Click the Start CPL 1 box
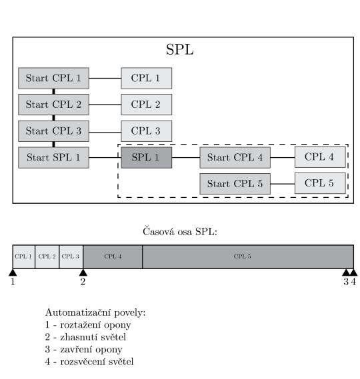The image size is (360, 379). click(x=53, y=79)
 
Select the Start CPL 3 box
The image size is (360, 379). click(x=53, y=131)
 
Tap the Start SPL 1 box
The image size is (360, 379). click(x=53, y=158)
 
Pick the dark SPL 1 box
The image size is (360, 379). click(x=147, y=158)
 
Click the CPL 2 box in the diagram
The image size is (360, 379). click(x=147, y=105)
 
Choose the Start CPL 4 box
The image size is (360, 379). click(x=235, y=158)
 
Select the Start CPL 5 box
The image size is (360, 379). click(x=235, y=184)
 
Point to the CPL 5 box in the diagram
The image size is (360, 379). click(x=320, y=183)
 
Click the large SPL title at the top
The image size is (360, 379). click(x=180, y=50)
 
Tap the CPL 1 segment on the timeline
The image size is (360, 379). click(x=24, y=256)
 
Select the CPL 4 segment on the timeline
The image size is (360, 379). click(x=113, y=256)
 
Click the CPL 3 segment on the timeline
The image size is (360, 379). click(x=71, y=256)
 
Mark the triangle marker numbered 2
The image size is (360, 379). click(x=83, y=272)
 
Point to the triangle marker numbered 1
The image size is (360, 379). click(x=13, y=272)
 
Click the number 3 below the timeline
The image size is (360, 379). click(x=346, y=282)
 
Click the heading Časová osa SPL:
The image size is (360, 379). click(x=180, y=231)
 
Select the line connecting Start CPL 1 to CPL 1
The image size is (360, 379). click(x=105, y=79)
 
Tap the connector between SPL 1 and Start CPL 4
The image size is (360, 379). click(x=186, y=158)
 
